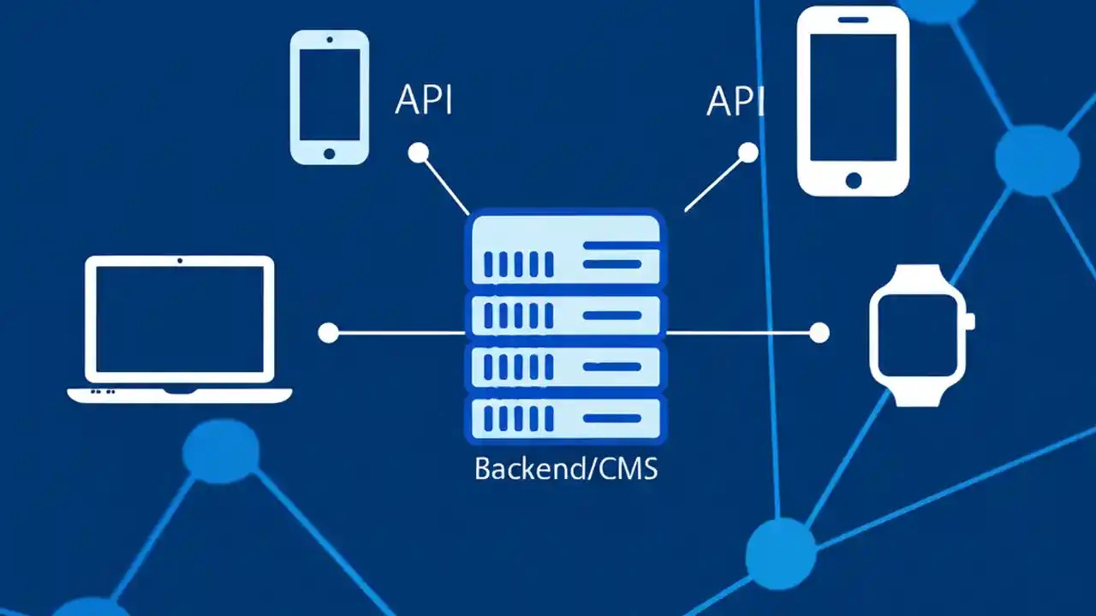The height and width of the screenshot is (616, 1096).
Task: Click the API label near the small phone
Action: [x=423, y=100]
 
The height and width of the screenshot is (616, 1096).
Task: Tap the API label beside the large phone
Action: [x=735, y=101]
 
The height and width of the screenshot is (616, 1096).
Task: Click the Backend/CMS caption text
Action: [x=566, y=469]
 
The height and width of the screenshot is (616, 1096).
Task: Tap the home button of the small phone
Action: [x=330, y=153]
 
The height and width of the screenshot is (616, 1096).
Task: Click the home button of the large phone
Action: [x=853, y=180]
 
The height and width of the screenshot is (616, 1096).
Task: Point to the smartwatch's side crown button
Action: [x=969, y=321]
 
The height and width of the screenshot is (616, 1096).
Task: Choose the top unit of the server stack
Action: [x=564, y=250]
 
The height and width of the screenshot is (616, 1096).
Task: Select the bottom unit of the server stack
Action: [x=564, y=418]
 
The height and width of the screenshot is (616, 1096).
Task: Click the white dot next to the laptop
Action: [x=328, y=333]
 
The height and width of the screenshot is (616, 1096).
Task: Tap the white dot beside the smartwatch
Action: [x=819, y=333]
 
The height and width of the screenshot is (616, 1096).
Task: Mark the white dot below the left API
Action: [x=418, y=153]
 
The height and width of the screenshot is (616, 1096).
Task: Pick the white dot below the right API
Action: [x=748, y=153]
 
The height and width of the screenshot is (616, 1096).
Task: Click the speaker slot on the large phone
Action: [x=853, y=19]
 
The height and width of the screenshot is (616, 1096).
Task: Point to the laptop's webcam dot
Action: [x=180, y=260]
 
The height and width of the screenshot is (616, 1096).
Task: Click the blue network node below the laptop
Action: [x=221, y=450]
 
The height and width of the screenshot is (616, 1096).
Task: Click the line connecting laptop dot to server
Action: [x=398, y=333]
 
